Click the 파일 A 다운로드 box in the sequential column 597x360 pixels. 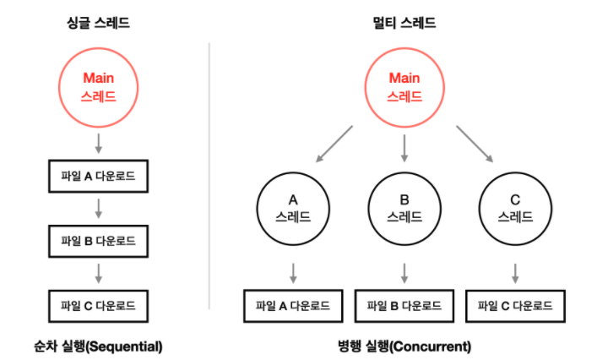pyautogui.click(x=98, y=177)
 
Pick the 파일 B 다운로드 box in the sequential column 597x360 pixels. pyautogui.click(x=98, y=241)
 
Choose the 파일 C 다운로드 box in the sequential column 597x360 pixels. pyautogui.click(x=98, y=304)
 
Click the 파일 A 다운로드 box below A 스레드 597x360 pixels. pyautogui.click(x=293, y=305)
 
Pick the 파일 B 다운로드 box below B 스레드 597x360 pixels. pyautogui.click(x=404, y=305)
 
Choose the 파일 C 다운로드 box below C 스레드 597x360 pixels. pyautogui.click(x=515, y=305)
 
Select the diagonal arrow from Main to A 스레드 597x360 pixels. pyautogui.click(x=334, y=144)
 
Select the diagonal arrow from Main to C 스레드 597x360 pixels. pyautogui.click(x=475, y=144)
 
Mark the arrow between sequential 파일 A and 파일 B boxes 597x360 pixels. pyautogui.click(x=98, y=209)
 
